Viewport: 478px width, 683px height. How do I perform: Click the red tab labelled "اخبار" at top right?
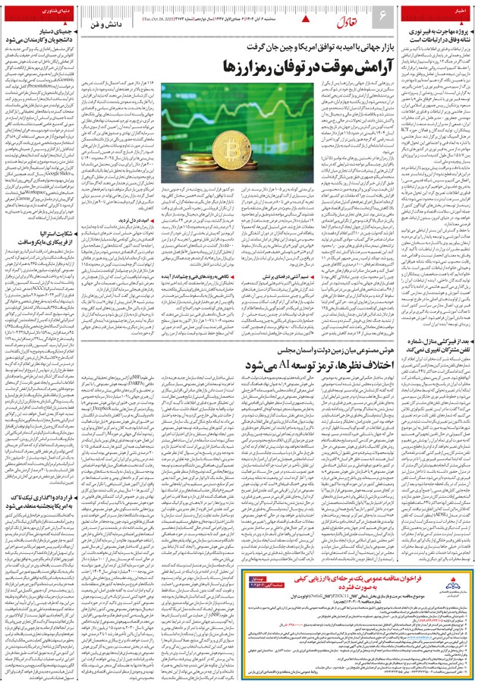pos(458,11)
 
